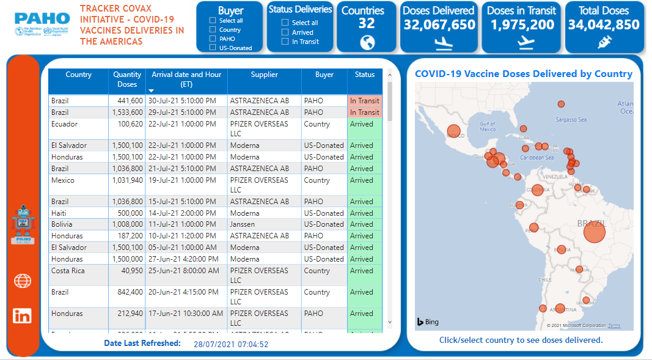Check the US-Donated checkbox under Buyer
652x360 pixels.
pyautogui.click(x=213, y=48)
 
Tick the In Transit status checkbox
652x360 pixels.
pyautogui.click(x=285, y=42)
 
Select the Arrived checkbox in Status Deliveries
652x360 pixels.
pyautogui.click(x=285, y=32)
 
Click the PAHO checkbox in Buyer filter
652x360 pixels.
pyautogui.click(x=213, y=39)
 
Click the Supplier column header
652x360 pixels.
pyautogui.click(x=264, y=75)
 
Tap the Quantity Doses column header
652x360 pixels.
pyautogui.click(x=127, y=79)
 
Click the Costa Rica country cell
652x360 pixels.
pyautogui.click(x=68, y=271)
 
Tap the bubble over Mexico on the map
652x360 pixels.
pyautogui.click(x=453, y=131)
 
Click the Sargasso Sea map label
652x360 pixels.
pyautogui.click(x=571, y=120)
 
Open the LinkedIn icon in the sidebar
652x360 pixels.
pyautogui.click(x=23, y=315)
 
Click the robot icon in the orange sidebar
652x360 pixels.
pyautogui.click(x=23, y=224)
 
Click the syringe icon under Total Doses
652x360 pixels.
pyautogui.click(x=604, y=42)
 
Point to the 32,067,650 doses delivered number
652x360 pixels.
pyautogui.click(x=439, y=25)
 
